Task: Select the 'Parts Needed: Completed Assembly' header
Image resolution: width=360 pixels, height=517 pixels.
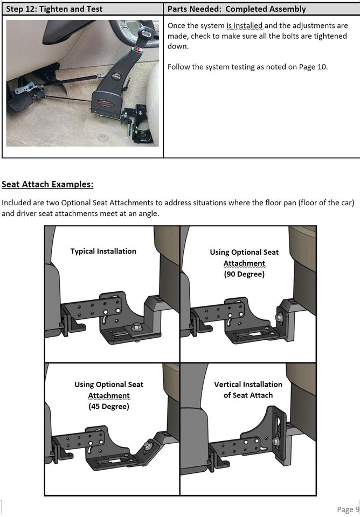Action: pos(237,9)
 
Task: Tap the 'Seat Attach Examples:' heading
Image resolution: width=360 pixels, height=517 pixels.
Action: pos(47,185)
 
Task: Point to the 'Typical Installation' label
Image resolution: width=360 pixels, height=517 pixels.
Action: pos(103,251)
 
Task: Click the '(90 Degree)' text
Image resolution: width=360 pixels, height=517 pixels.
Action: pos(244,274)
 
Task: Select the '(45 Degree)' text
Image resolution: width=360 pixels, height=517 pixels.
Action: pos(109,407)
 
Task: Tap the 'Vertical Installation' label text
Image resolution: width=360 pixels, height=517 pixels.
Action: pos(248,385)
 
